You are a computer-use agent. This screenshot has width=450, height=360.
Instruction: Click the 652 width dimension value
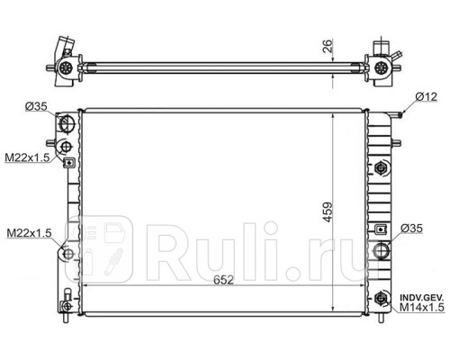coord(223,280)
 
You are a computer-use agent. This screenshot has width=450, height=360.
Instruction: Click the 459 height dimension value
coord(328,212)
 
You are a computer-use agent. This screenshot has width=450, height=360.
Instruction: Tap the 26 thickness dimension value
coord(328,46)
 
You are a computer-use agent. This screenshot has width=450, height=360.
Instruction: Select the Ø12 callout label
coord(427,97)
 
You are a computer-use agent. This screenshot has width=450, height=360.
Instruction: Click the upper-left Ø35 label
coord(36,106)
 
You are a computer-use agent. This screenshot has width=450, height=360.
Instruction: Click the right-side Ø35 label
coord(411,229)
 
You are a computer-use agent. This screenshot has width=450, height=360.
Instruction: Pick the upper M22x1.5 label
coord(27,157)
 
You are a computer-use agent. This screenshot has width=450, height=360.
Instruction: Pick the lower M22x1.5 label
coord(29,233)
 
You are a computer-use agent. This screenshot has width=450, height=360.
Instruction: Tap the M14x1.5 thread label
coord(422,307)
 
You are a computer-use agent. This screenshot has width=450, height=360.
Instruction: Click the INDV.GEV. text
coord(421,298)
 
